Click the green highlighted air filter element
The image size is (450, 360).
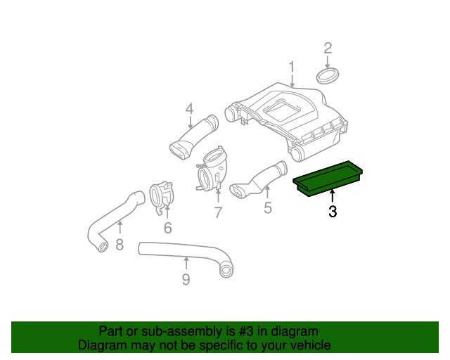(x=328, y=179)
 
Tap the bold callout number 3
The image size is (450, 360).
(x=333, y=212)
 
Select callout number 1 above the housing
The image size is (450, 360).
(x=292, y=67)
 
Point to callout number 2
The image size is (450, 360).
(x=328, y=49)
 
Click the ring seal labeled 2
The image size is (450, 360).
(x=328, y=75)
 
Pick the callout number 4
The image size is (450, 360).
(x=189, y=109)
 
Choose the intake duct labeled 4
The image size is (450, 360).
(x=194, y=138)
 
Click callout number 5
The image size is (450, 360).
(x=267, y=207)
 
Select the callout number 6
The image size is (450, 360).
(x=167, y=228)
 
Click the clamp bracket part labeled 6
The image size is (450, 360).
(x=162, y=198)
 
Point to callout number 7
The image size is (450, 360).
(x=218, y=213)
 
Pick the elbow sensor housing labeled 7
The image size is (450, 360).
(x=211, y=169)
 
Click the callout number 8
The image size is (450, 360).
(x=120, y=245)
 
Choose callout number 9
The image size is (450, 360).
(x=186, y=279)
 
